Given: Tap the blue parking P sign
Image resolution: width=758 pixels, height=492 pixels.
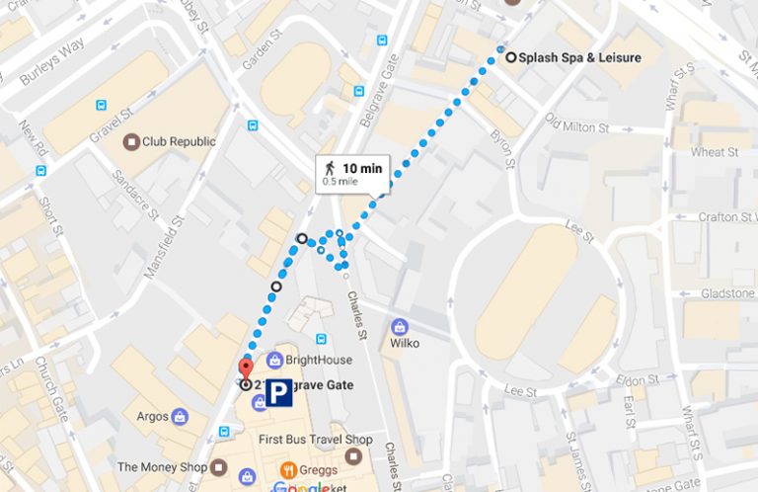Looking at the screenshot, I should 281,393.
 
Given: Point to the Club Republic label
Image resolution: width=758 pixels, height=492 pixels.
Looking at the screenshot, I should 178,141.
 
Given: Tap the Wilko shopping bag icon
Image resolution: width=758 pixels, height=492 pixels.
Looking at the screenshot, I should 400,326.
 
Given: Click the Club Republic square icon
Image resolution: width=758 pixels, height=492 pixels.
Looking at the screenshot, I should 130,142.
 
